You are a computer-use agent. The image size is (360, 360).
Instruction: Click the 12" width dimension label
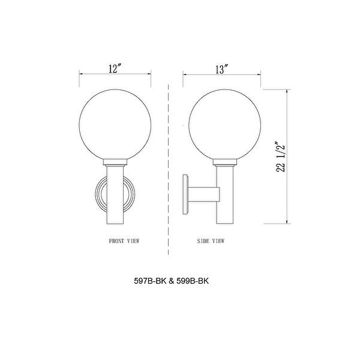116,69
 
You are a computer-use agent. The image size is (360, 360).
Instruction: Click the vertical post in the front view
115,198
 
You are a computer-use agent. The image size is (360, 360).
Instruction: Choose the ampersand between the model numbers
172,280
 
